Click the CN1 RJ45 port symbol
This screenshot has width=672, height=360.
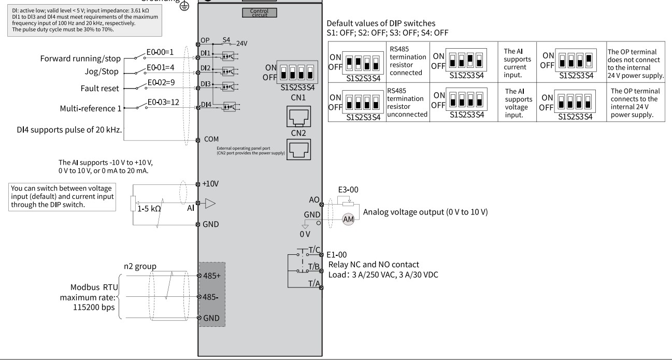(x=298, y=117)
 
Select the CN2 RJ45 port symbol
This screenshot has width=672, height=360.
(x=298, y=149)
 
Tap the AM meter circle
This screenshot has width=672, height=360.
(x=348, y=219)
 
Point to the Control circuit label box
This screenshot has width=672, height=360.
(x=260, y=12)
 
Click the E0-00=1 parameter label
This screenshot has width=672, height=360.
(x=160, y=52)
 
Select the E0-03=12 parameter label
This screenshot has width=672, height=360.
(x=163, y=102)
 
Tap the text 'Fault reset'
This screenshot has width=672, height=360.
(x=99, y=89)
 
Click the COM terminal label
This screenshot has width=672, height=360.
(x=211, y=139)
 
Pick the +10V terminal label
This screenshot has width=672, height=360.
(x=210, y=183)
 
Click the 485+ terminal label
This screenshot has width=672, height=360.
(x=212, y=276)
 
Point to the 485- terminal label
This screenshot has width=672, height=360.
(x=210, y=297)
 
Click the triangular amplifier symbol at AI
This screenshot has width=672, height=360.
(x=210, y=204)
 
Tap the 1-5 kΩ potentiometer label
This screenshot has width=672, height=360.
(x=149, y=209)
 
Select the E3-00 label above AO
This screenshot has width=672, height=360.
(x=348, y=190)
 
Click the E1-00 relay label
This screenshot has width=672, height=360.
(x=336, y=255)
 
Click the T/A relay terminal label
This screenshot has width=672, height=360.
(x=314, y=283)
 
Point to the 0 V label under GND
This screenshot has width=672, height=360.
(x=305, y=234)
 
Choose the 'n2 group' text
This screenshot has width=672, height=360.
(x=140, y=266)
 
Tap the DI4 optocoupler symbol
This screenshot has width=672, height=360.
(x=230, y=107)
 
